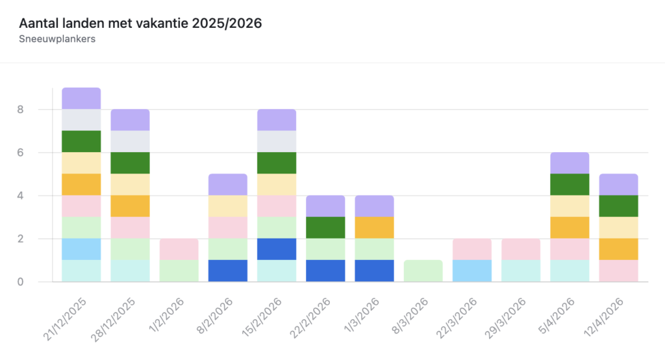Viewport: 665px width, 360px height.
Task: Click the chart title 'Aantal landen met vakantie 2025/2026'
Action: pyautogui.click(x=140, y=23)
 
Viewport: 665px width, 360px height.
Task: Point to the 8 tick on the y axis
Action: pyautogui.click(x=21, y=109)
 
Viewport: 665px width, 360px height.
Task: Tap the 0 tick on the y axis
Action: pyautogui.click(x=21, y=282)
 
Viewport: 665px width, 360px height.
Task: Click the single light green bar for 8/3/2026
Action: pyautogui.click(x=423, y=271)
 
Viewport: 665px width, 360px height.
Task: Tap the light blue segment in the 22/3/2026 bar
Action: pyautogui.click(x=472, y=271)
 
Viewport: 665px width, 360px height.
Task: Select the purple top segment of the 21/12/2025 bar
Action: pyautogui.click(x=81, y=98)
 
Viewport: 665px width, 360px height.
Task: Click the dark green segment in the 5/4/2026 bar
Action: pyautogui.click(x=570, y=185)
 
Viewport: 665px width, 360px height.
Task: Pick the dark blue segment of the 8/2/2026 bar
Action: pyautogui.click(x=228, y=271)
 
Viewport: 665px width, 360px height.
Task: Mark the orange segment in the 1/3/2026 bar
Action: pyautogui.click(x=374, y=227)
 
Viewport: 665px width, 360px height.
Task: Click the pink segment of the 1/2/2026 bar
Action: pyautogui.click(x=179, y=250)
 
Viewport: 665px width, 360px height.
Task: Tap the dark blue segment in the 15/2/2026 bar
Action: pyautogui.click(x=277, y=250)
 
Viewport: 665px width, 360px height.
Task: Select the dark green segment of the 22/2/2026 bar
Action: pyautogui.click(x=325, y=227)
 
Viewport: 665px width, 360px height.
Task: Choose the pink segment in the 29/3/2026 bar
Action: pyautogui.click(x=521, y=250)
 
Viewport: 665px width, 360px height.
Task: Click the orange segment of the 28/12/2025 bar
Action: pyautogui.click(x=130, y=206)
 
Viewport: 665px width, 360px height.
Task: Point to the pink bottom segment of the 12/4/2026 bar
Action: pyautogui.click(x=618, y=271)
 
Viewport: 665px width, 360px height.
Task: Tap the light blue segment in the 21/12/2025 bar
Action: pyautogui.click(x=81, y=250)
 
